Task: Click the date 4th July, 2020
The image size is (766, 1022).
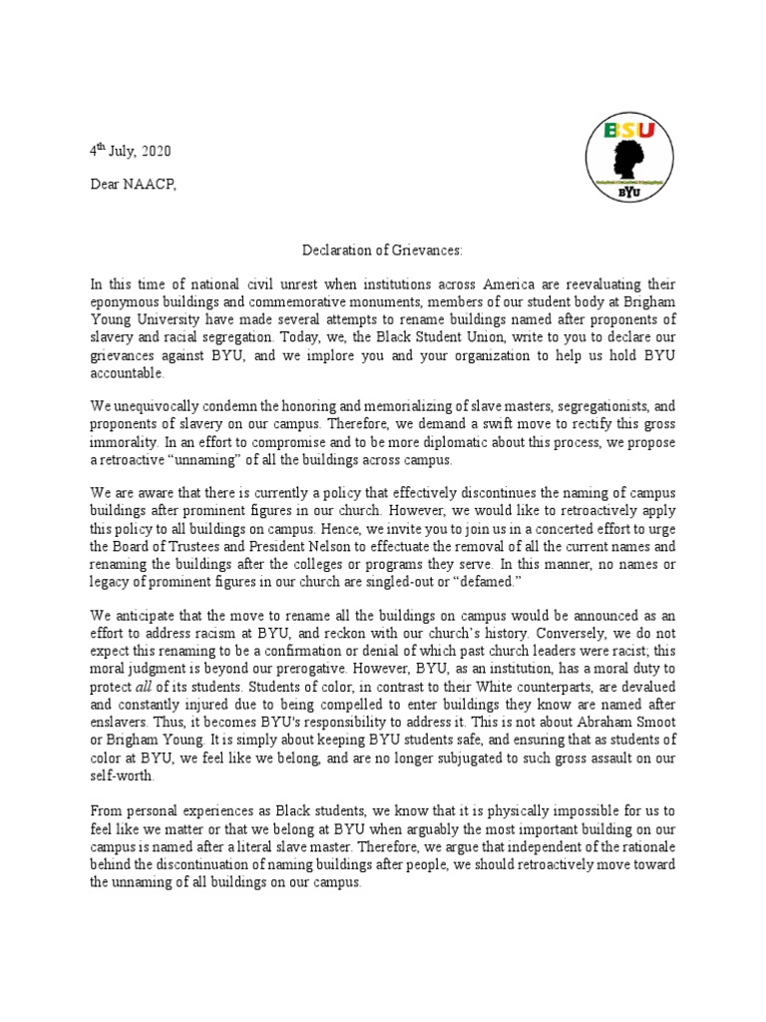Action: [131, 152]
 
